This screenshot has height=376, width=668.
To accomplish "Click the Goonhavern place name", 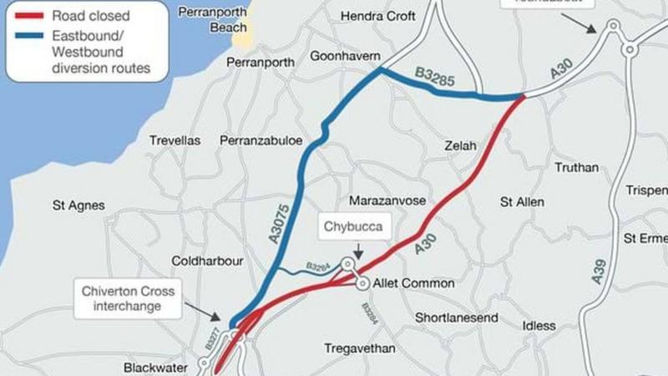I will click(x=345, y=57).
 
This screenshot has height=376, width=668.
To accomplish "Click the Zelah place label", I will click(x=460, y=145).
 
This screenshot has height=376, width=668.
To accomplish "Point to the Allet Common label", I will click(x=414, y=283).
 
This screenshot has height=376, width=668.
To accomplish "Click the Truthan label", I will click(x=577, y=167).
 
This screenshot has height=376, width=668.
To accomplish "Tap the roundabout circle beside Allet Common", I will click(x=363, y=284).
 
